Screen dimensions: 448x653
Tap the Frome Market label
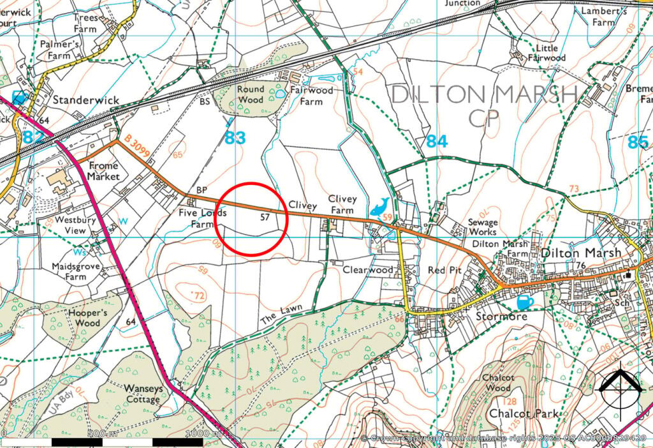click(x=103, y=170)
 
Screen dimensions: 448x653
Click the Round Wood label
click(x=250, y=94)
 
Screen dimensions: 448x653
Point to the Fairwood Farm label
click(x=311, y=96)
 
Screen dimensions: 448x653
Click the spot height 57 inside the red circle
click(x=266, y=218)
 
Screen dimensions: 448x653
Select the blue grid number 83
click(x=235, y=138)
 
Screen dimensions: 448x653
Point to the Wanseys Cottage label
click(x=142, y=394)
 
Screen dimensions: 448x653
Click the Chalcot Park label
click(x=523, y=414)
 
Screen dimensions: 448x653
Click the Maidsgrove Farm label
click(x=75, y=272)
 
